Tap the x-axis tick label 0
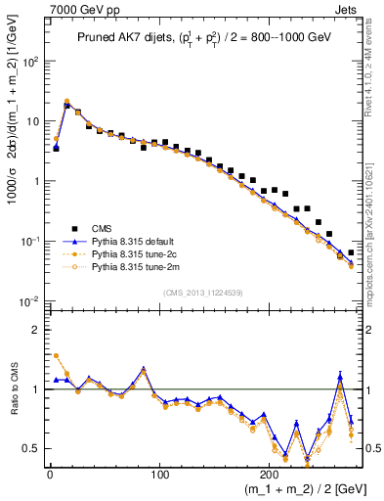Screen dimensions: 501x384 (50, 475)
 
